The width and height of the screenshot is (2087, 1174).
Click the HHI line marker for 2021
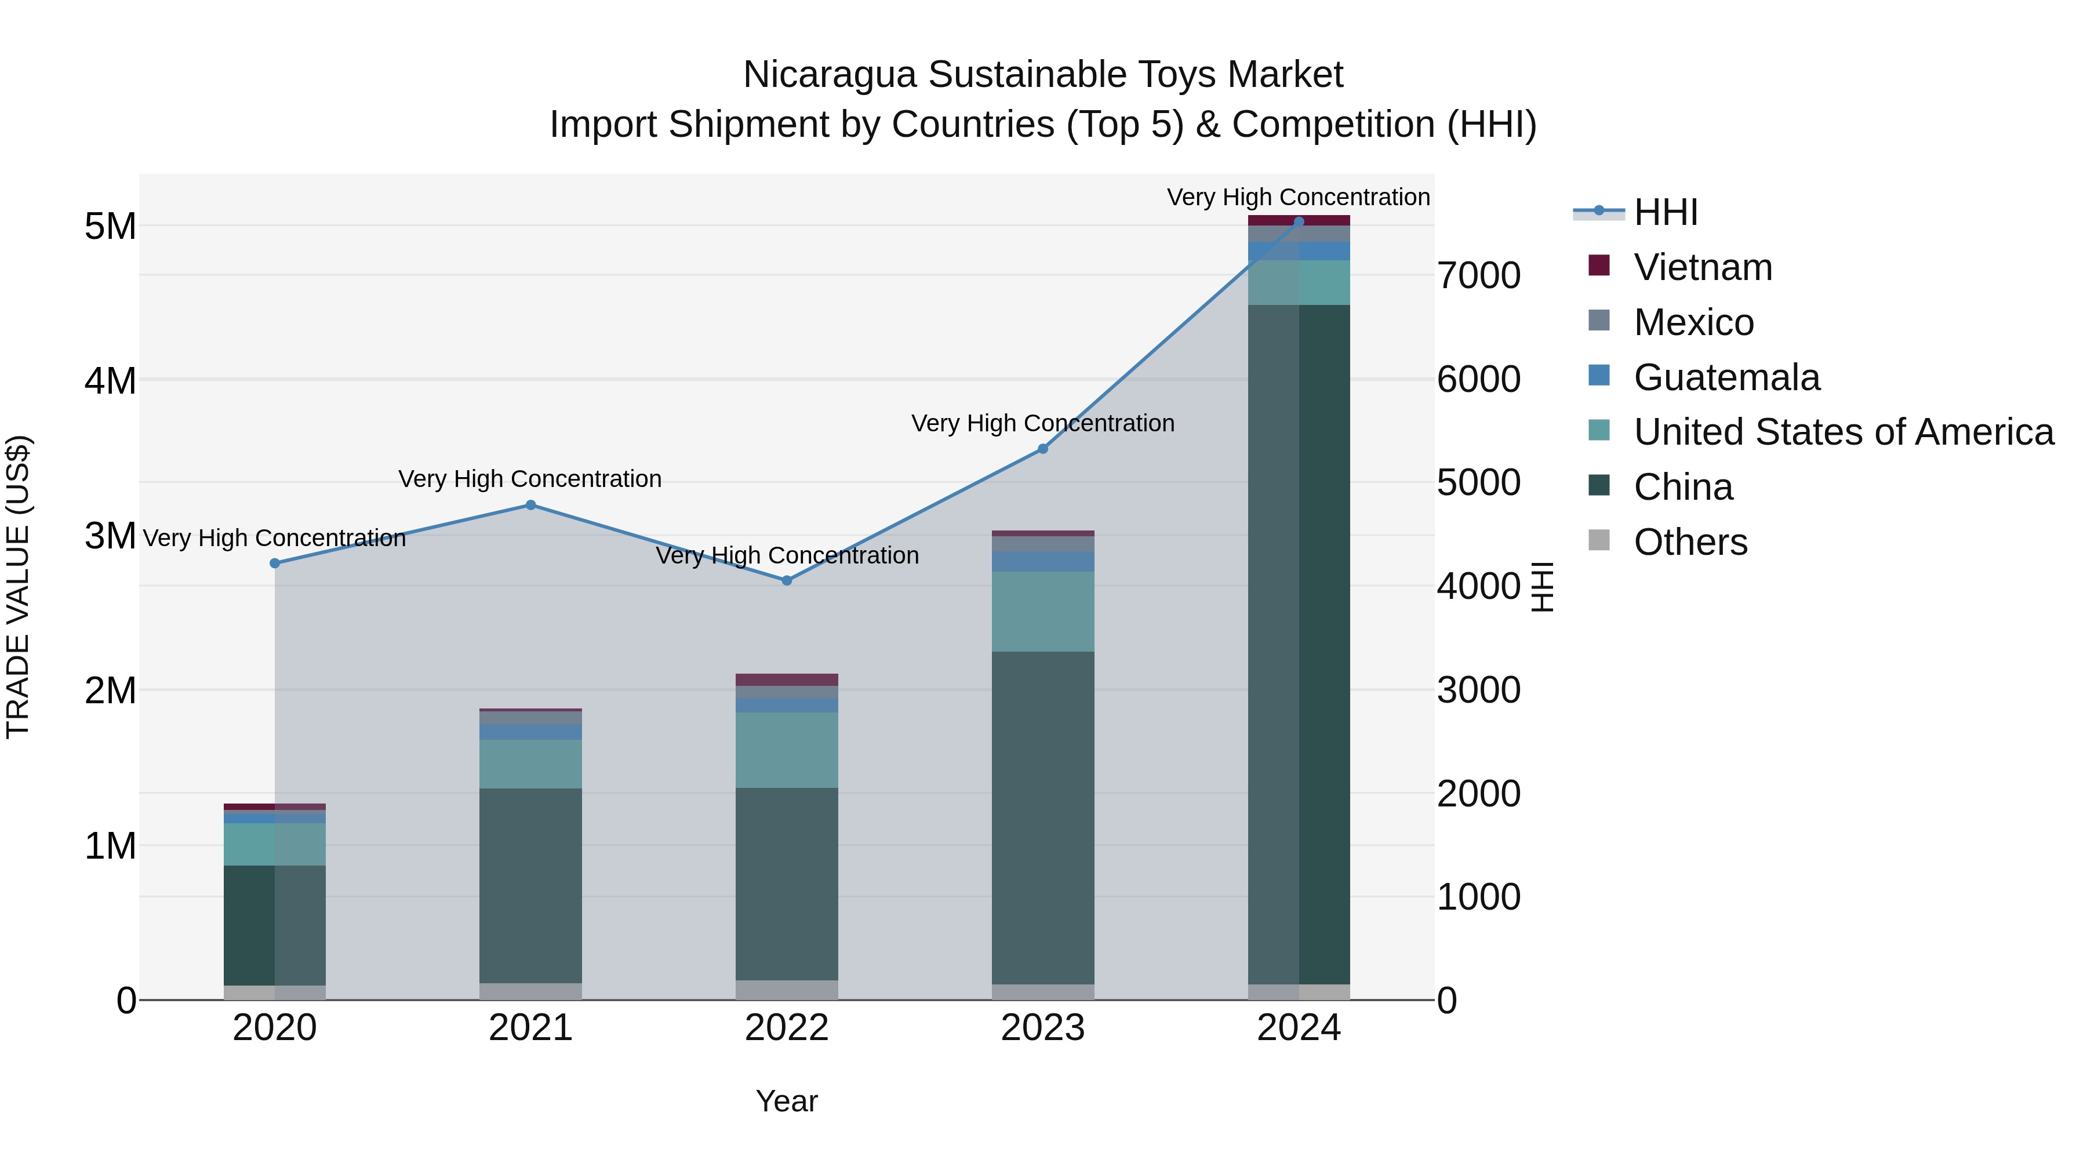530,505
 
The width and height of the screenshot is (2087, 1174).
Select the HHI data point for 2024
1299,221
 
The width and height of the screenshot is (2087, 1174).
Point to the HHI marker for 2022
787,580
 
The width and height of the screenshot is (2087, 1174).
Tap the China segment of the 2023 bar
1043,818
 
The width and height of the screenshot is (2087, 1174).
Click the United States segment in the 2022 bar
787,750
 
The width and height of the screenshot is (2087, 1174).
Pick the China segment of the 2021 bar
530,885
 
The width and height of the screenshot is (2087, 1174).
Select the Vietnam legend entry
1702,267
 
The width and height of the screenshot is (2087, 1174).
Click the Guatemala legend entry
1726,377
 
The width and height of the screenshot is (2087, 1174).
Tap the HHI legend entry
1665,212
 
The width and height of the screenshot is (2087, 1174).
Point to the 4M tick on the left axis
110,380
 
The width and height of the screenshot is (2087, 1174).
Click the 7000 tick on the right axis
1478,275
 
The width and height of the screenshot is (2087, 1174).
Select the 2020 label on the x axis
275,1028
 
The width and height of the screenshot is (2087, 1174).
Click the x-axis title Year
787,1101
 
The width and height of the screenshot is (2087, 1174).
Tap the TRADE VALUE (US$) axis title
18,587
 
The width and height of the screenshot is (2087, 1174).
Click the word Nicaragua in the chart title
830,75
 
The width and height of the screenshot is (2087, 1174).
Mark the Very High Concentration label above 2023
1043,423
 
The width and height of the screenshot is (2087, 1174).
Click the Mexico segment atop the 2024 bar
1299,233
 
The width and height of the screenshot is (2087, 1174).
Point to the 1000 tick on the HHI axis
1478,897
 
